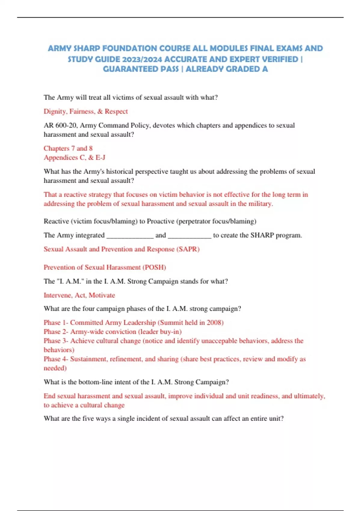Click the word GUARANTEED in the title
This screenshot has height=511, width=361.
pos(141,69)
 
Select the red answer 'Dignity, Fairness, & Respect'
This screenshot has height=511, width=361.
pos(86,112)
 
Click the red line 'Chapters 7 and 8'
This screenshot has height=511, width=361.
pos(68,148)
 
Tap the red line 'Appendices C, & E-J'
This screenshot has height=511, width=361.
pos(74,158)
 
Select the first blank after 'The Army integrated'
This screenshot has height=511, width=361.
pos(130,235)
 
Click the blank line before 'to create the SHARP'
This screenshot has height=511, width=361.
pos(190,235)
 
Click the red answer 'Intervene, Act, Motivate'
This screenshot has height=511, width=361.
pos(79,295)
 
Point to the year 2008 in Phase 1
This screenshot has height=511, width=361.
pos(214,323)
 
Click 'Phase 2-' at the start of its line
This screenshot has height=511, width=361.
pos(56,332)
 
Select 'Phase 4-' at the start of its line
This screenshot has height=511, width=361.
pos(56,359)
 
